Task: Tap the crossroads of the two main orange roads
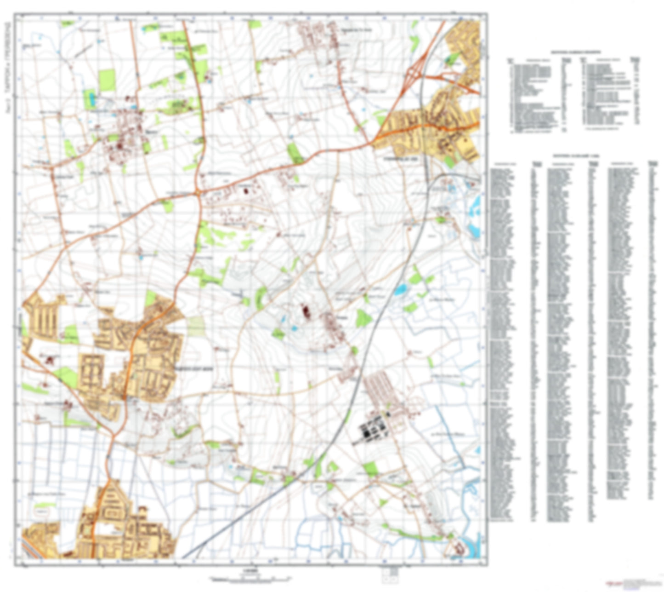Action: click(x=198, y=193)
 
